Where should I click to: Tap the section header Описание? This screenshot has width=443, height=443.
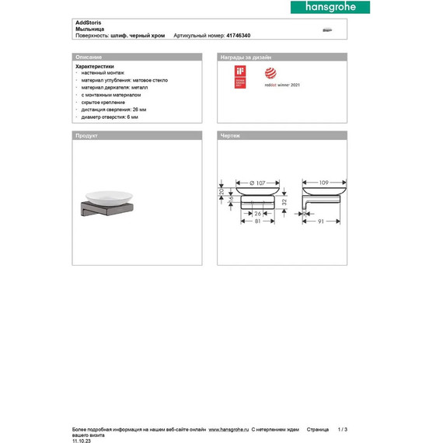[x=85, y=58]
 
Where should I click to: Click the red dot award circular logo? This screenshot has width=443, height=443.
[x=270, y=73]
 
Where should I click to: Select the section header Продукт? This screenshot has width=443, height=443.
[x=86, y=135]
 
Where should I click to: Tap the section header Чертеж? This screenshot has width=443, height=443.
[x=231, y=135]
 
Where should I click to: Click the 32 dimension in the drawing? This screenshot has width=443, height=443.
[x=284, y=201]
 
